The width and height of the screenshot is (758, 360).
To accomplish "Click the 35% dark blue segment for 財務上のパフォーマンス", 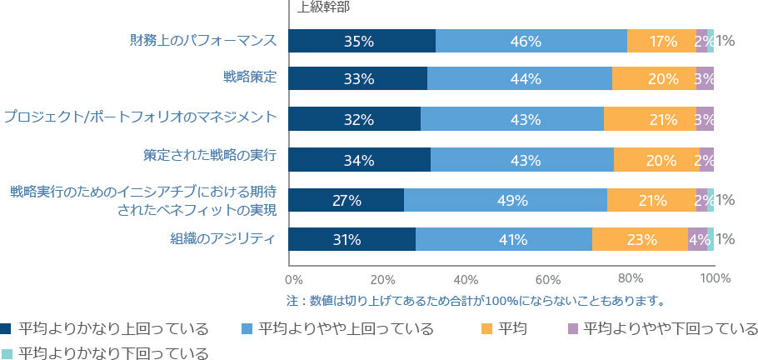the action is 362,41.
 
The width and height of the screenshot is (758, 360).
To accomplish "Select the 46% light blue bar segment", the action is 531,41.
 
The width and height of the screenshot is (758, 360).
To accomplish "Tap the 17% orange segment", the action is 662,41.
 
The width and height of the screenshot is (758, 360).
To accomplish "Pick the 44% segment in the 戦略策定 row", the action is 520,78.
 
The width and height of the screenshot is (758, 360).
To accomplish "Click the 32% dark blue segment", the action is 354,119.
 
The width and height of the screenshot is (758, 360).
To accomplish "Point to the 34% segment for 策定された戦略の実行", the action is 360,160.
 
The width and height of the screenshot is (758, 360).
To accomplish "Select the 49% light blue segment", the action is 506,200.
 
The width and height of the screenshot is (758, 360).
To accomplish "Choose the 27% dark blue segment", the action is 347,200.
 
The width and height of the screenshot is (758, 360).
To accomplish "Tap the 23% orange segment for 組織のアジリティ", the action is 640,239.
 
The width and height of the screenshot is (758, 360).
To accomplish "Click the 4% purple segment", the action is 697,239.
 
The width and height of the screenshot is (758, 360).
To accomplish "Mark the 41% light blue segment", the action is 504,239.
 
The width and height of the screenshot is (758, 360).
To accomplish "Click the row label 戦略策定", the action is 250,77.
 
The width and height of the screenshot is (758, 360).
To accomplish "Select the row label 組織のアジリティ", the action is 223,238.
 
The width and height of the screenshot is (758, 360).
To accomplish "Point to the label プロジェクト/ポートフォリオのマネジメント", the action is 140,117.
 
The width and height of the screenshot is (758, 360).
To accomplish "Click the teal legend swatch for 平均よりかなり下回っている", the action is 7,353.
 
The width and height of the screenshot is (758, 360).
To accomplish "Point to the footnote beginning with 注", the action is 476,301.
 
